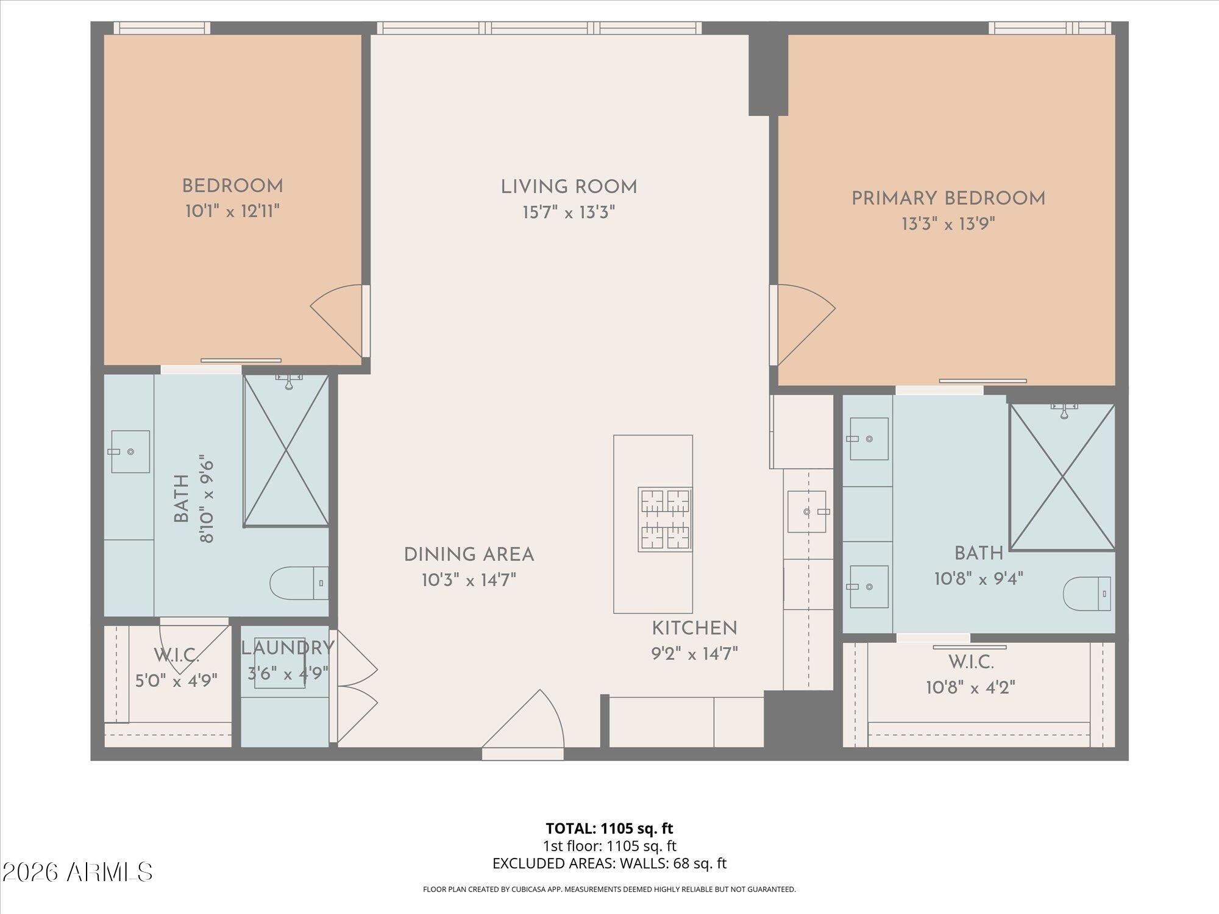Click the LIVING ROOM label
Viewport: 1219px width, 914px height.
point(569,187)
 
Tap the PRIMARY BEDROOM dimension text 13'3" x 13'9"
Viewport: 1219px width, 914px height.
point(948,224)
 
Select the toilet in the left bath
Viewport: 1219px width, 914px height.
point(299,583)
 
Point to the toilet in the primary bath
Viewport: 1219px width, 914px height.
point(1087,593)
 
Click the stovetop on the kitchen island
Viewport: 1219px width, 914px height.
point(664,519)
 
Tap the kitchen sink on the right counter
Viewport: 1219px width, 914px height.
point(807,512)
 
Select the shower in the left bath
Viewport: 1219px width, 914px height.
point(286,451)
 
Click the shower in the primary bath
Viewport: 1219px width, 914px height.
point(1062,477)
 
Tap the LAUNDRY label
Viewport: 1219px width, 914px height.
point(288,648)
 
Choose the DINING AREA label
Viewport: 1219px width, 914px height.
point(469,554)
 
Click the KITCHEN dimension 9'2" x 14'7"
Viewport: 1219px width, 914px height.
point(694,654)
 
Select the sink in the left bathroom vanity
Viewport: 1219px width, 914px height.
point(130,452)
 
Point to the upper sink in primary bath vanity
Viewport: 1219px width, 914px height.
point(868,439)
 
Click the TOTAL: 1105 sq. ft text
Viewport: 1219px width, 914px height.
point(609,828)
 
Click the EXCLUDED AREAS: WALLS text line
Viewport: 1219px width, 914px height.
point(609,863)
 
